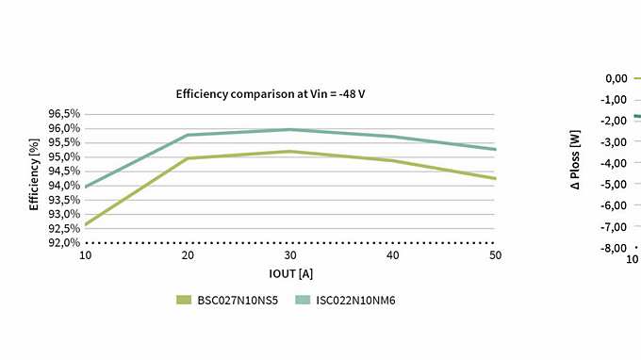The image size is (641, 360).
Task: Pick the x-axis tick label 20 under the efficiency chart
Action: click(188, 256)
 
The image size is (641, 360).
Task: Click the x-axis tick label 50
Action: click(495, 256)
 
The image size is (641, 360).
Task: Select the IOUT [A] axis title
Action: click(289, 274)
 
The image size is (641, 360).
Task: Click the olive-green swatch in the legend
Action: click(184, 300)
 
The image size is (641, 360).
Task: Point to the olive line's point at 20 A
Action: click(188, 158)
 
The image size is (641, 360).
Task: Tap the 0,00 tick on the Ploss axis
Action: click(616, 78)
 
